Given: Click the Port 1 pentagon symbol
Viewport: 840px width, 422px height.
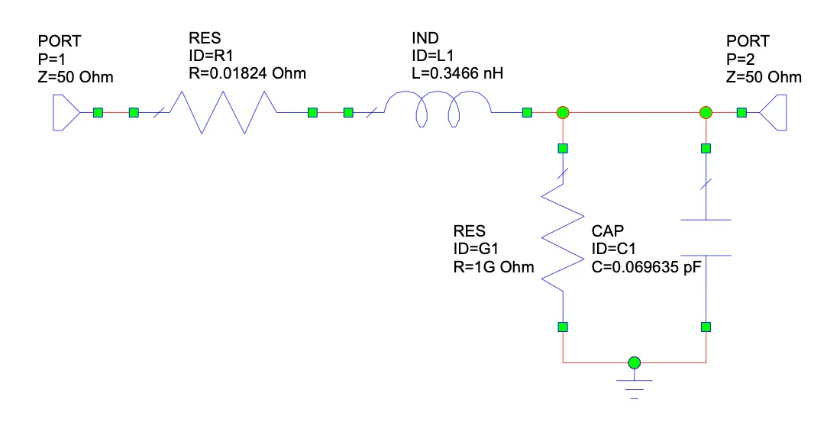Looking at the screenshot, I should coord(65,113).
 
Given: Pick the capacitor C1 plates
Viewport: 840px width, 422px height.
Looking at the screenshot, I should coord(706,238).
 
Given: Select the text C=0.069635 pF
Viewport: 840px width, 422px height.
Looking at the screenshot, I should coord(646,267).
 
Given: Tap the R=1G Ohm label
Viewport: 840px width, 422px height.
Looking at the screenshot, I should coord(493,267).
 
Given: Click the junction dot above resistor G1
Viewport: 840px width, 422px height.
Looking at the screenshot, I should coord(563,113).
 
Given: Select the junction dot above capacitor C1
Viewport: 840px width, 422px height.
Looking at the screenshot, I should coord(706,113).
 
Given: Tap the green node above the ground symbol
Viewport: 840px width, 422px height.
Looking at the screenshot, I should coord(634,362).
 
